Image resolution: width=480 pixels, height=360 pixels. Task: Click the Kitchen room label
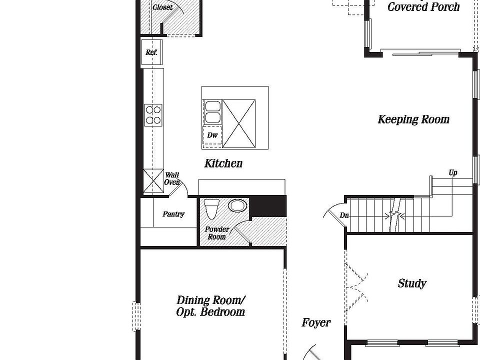tap(223, 163)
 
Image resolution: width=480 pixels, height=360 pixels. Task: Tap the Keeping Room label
tap(413, 119)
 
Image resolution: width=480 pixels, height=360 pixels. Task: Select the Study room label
tap(412, 283)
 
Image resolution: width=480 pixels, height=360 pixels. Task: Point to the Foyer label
tap(316, 323)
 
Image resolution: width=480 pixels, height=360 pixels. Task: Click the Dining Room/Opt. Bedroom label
tap(210, 306)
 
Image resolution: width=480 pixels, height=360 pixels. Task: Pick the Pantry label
tap(173, 214)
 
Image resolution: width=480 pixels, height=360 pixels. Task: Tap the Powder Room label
tap(217, 233)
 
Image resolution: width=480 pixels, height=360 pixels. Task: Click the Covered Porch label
tap(423, 6)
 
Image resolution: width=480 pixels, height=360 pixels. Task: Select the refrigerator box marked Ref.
tap(151, 52)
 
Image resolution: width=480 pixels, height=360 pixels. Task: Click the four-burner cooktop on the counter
tap(153, 114)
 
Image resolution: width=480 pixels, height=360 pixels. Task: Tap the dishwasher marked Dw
tap(212, 135)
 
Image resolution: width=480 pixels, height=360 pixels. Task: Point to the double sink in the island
tap(212, 112)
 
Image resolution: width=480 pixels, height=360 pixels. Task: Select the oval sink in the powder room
tap(237, 205)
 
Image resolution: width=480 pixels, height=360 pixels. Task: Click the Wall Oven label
tap(172, 179)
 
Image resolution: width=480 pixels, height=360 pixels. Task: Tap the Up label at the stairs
tap(453, 173)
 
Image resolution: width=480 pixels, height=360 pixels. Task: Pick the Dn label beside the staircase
tap(344, 215)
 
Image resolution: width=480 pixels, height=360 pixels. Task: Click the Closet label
tap(162, 7)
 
